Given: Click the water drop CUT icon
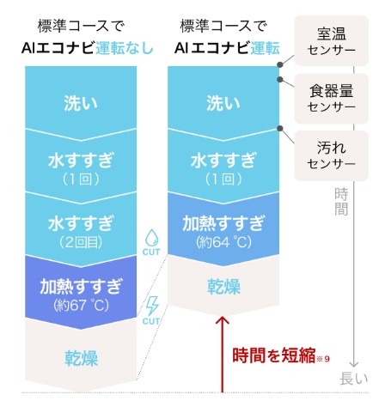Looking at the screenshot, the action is pyautogui.click(x=151, y=242).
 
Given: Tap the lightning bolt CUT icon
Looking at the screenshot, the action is pyautogui.click(x=151, y=311).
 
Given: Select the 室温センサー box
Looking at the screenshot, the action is pyautogui.click(x=332, y=40).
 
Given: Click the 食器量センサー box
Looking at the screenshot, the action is pyautogui.click(x=332, y=99).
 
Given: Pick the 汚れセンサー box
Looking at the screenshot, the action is pyautogui.click(x=332, y=155).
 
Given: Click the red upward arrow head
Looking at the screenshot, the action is pyautogui.click(x=223, y=320).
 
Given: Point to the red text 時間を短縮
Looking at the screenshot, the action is pyautogui.click(x=273, y=355).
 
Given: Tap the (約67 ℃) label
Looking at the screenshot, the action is pyautogui.click(x=81, y=306).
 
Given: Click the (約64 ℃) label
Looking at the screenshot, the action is pyautogui.click(x=223, y=242).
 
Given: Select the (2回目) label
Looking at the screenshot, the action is pyautogui.click(x=81, y=243).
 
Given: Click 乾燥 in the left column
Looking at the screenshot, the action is pyautogui.click(x=81, y=358).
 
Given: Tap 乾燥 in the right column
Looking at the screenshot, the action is pyautogui.click(x=223, y=286).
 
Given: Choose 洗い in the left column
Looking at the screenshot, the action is pyautogui.click(x=81, y=103).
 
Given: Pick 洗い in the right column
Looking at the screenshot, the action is pyautogui.click(x=223, y=103).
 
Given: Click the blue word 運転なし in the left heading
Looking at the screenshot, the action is pyautogui.click(x=125, y=48).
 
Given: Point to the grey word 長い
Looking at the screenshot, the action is pyautogui.click(x=354, y=379).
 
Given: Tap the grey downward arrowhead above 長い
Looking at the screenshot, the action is pyautogui.click(x=354, y=364).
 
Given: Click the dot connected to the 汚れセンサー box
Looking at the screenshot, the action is pyautogui.click(x=280, y=128).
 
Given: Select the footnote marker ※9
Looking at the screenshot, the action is pyautogui.click(x=323, y=359).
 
